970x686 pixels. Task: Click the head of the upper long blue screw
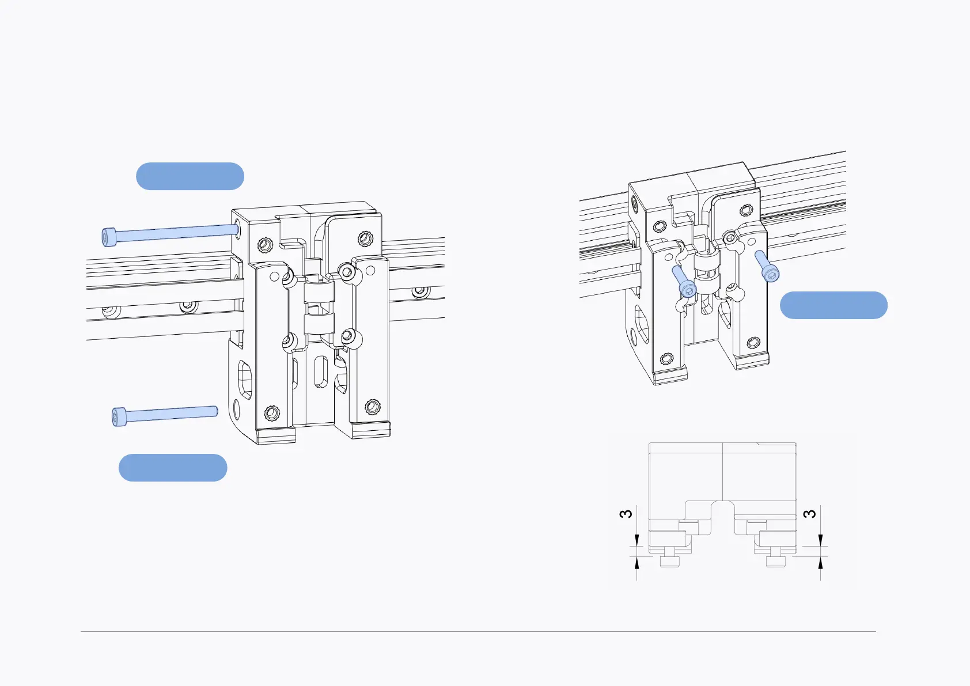click(x=109, y=237)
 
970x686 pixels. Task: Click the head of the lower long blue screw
click(x=119, y=416)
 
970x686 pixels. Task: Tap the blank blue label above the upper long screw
click(x=190, y=176)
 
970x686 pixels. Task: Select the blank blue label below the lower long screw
click(x=173, y=468)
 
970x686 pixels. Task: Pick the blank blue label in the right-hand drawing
click(x=833, y=305)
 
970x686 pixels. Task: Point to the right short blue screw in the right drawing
click(x=767, y=266)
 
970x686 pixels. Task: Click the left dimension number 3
click(x=626, y=514)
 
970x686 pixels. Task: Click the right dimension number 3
click(x=809, y=514)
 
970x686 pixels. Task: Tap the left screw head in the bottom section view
click(x=669, y=561)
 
